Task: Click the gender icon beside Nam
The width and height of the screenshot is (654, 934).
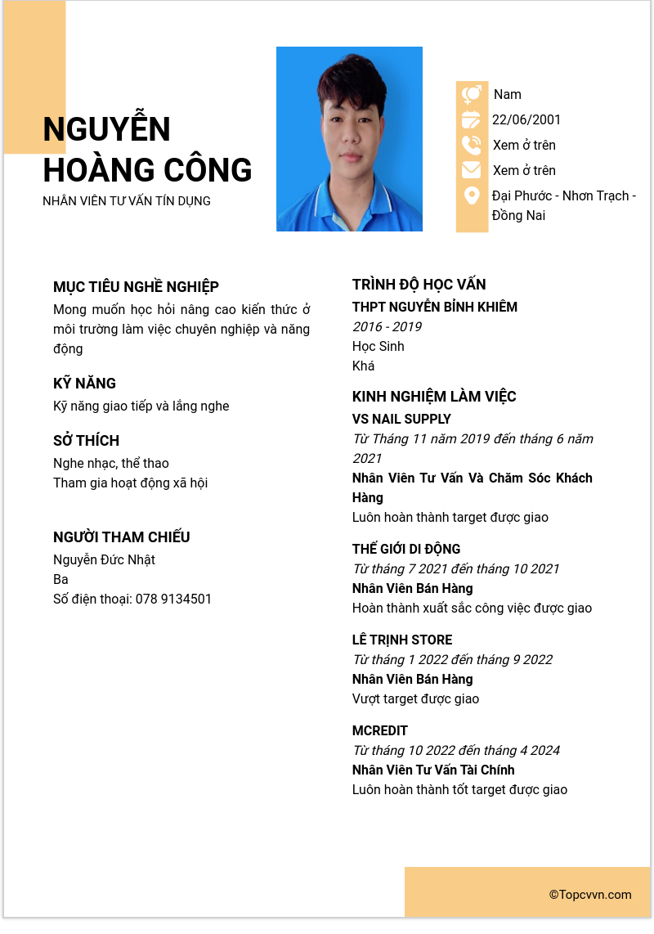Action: (472, 95)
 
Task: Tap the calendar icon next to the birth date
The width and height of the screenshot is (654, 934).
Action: (472, 120)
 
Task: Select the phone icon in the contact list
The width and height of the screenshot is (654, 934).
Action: (472, 146)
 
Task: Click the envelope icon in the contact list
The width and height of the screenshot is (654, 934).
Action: (472, 170)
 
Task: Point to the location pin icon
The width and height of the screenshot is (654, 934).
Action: (472, 196)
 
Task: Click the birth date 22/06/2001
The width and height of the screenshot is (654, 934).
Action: (526, 120)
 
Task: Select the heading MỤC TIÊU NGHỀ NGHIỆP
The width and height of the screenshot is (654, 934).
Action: (136, 287)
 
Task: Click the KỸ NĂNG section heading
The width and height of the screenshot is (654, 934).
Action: (84, 384)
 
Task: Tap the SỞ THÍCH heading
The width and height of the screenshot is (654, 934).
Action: (86, 441)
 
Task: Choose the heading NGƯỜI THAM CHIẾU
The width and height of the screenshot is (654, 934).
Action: (121, 537)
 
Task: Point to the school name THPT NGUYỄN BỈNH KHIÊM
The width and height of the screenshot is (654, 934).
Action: (435, 308)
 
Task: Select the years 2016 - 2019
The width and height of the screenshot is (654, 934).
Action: (387, 327)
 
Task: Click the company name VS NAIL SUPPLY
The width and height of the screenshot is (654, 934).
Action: (401, 420)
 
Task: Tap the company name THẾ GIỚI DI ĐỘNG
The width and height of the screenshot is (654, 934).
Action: (406, 550)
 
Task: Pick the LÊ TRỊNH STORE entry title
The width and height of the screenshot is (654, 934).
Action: (402, 640)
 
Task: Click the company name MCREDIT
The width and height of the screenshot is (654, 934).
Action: (379, 731)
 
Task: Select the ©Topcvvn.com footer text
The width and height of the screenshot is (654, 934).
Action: (590, 895)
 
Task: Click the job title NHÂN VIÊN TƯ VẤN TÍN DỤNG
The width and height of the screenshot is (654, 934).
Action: (127, 201)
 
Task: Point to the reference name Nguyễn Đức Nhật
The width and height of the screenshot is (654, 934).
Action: (104, 560)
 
